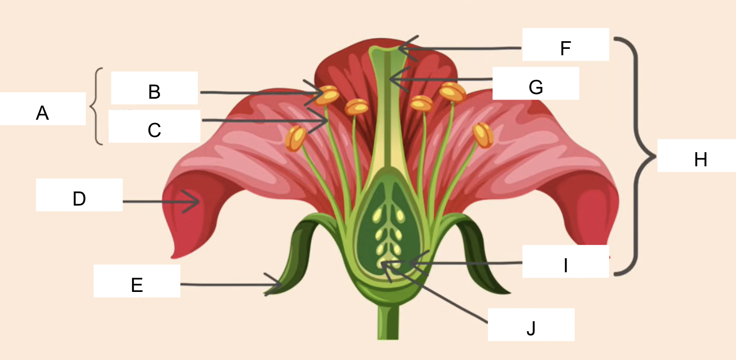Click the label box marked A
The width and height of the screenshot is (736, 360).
coord(42,109)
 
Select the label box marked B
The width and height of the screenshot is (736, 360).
coord(154,88)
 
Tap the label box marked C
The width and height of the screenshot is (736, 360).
coord(154,126)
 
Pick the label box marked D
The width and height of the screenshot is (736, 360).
coord(79,195)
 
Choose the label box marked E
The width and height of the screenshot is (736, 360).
coord(137,281)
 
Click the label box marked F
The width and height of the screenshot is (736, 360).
coord(565,44)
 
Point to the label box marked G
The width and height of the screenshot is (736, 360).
coord(536,83)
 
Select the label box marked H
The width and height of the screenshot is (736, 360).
coord(696,155)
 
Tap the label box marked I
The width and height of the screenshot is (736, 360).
coord(565,261)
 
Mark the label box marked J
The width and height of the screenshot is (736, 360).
coord(531,324)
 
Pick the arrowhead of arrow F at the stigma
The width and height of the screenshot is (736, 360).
coord(401,48)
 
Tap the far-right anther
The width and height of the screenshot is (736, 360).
coord(483,135)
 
